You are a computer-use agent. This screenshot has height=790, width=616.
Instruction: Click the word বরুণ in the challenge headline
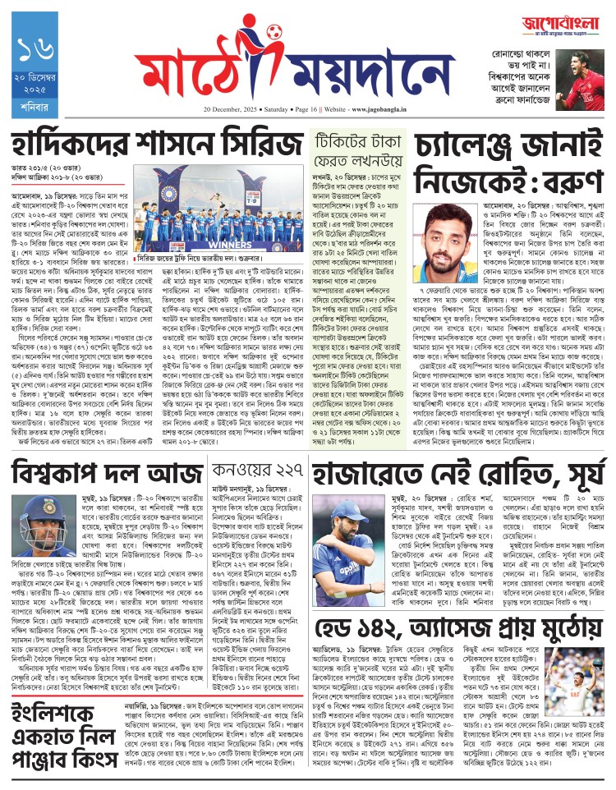pyautogui.click(x=561, y=180)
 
